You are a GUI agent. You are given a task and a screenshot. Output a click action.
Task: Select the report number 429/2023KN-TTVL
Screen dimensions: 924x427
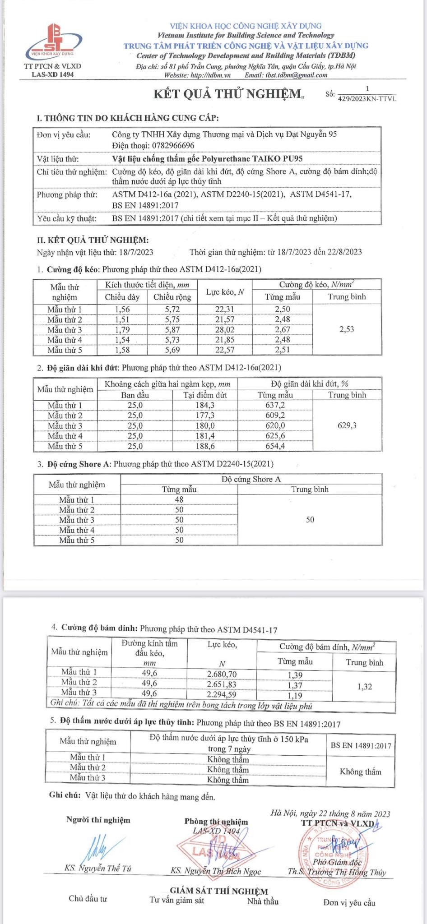click(367, 99)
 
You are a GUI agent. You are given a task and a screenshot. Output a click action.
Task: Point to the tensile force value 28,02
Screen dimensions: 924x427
click(224, 330)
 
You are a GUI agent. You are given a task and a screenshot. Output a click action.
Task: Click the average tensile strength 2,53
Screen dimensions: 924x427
click(346, 329)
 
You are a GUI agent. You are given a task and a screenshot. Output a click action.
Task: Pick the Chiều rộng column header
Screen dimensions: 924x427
click(172, 297)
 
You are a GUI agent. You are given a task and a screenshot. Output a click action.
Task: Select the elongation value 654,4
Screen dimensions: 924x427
click(275, 446)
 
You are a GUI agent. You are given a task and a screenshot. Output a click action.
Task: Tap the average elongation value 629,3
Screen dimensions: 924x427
click(347, 425)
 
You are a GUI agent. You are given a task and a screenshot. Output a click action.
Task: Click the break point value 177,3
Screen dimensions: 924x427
click(205, 416)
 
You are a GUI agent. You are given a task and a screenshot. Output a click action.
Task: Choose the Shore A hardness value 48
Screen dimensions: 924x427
click(179, 500)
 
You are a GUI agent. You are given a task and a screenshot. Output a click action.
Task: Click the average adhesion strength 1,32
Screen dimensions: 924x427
click(364, 687)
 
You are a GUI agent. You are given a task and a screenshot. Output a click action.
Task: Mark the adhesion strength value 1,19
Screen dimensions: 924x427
click(295, 696)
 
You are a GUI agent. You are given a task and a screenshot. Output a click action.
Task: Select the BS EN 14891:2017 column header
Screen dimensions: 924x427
click(361, 745)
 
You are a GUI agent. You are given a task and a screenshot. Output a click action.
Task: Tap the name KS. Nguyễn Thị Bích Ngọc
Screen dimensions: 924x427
click(215, 871)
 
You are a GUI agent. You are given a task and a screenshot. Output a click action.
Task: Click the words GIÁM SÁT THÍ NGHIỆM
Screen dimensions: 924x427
click(218, 891)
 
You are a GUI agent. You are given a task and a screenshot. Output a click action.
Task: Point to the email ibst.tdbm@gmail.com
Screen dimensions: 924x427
click(296, 75)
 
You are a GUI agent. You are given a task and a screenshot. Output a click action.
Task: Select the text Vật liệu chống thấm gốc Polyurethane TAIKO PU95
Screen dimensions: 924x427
click(207, 159)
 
